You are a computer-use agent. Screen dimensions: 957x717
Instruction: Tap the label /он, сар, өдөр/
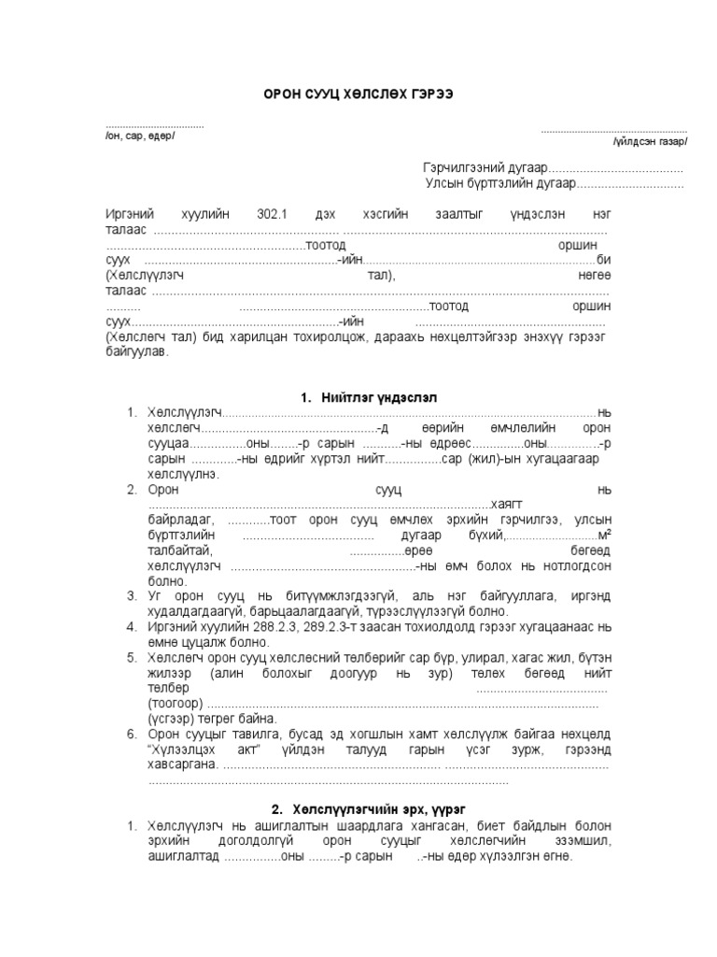pos(140,136)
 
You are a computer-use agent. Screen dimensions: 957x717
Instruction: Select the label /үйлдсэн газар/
pos(650,142)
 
